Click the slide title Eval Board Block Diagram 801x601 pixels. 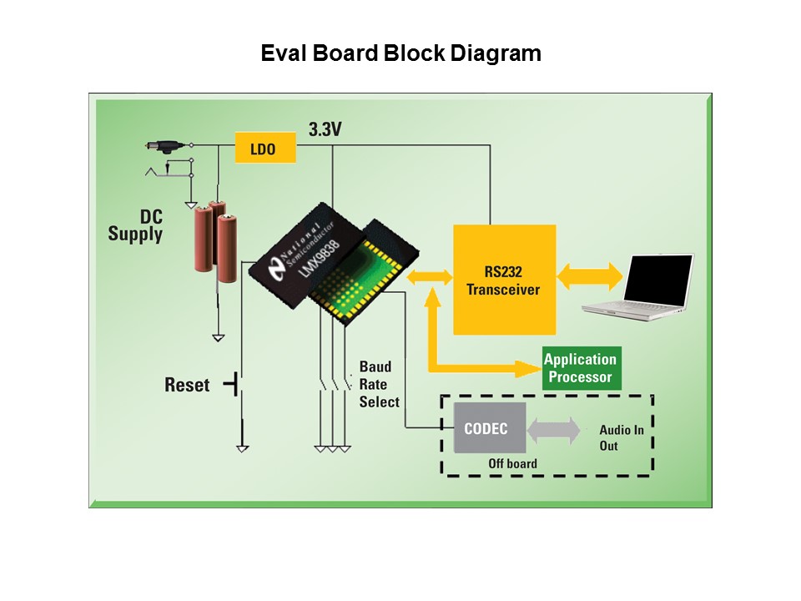[400, 53]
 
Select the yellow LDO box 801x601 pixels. [265, 149]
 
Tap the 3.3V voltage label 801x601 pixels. [325, 130]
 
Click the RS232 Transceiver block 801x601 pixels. [504, 280]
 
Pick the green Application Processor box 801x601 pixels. [581, 368]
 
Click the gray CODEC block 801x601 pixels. [490, 427]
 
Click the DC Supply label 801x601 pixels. [135, 225]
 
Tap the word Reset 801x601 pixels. [187, 386]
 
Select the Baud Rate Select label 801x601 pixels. [379, 384]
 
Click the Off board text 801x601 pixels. [512, 463]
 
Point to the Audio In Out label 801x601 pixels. [621, 437]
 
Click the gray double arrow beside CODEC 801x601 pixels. [553, 429]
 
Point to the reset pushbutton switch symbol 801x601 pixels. [236, 385]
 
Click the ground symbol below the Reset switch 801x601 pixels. [242, 448]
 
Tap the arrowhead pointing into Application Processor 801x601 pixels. [529, 367]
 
